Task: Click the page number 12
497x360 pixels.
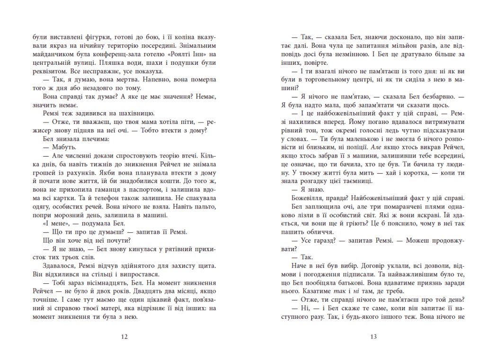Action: [124, 337]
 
